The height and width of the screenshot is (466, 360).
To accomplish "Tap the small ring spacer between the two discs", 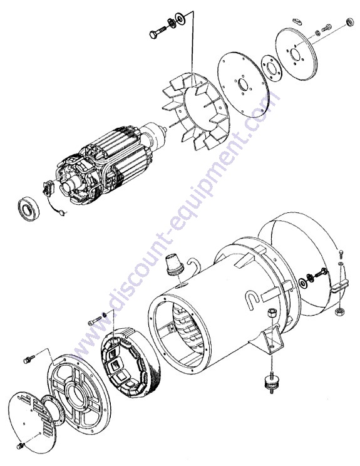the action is pyautogui.click(x=271, y=68).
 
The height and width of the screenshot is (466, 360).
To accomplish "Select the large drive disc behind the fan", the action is pyautogui.click(x=243, y=85).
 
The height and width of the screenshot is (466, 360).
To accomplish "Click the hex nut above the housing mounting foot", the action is pyautogui.click(x=271, y=313).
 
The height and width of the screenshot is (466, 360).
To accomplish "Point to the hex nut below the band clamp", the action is pyautogui.click(x=339, y=312).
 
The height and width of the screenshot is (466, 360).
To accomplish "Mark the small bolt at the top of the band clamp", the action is pyautogui.click(x=341, y=254).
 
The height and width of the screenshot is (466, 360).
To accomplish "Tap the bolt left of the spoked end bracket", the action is pyautogui.click(x=29, y=360).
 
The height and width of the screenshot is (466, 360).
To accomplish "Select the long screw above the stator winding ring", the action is pyautogui.click(x=95, y=321).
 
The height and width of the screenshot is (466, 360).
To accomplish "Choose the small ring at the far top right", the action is pyautogui.click(x=350, y=23).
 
